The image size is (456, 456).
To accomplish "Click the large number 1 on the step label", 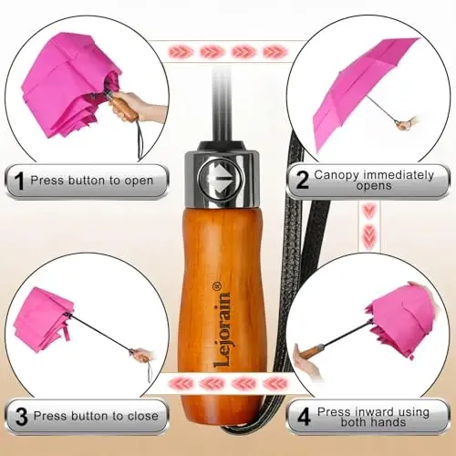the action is pos(19,181).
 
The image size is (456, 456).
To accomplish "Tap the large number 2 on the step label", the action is pos(302,180).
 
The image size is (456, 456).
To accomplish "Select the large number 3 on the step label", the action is pos(21,417).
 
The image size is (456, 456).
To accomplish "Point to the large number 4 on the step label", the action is pos(304,417).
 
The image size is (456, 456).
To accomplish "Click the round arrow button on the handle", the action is pos(221,179).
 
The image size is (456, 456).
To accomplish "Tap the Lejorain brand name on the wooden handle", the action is pos(221,329).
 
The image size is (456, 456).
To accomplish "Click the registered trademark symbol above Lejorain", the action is pos(218,285).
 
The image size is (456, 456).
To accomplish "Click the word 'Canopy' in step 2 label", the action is pos(337,175).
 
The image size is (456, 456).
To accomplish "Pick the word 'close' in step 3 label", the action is pos(143,416).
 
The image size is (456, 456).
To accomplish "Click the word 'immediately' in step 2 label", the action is pos(399,175).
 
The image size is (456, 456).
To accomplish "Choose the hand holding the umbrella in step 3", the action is pos(142,355).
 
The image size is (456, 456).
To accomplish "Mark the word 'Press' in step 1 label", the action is pos(47,181).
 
